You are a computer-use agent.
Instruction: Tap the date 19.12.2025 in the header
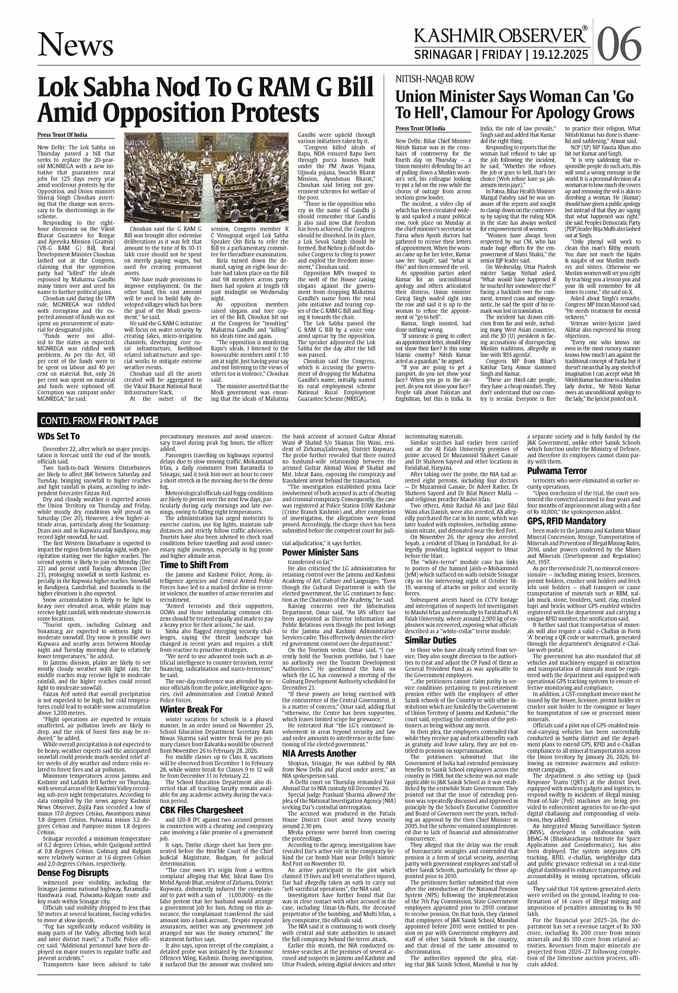click(x=559, y=55)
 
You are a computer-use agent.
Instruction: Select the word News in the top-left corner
click(x=75, y=45)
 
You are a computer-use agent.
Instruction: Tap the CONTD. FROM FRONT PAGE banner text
click(x=99, y=421)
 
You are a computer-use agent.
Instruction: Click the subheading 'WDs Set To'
click(x=58, y=436)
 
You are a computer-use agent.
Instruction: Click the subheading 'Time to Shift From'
click(x=194, y=564)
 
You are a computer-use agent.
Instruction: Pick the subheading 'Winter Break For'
click(x=191, y=709)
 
